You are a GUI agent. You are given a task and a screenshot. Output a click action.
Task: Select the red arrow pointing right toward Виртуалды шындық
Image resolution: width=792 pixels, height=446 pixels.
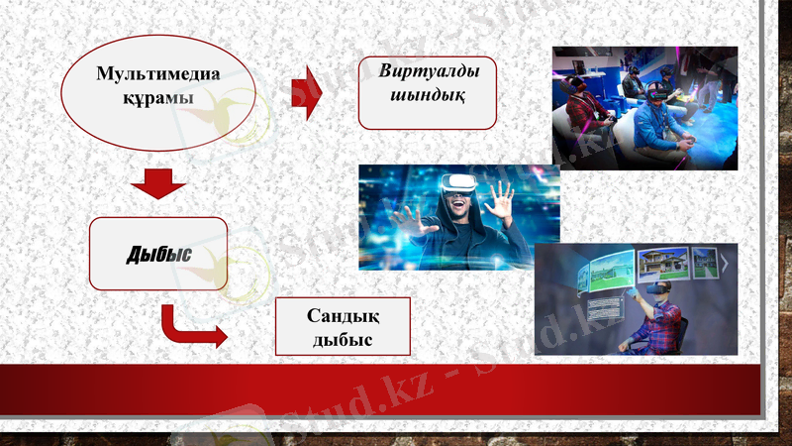coord(307,93)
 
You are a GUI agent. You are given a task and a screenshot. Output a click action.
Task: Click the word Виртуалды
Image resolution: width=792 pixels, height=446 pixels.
coord(426,71)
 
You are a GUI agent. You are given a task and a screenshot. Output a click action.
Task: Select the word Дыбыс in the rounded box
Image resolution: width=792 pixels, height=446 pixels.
coord(158,256)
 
